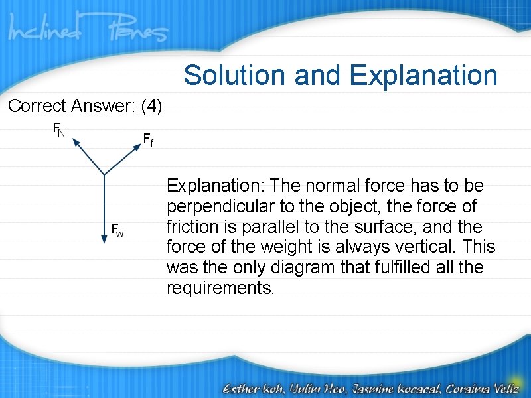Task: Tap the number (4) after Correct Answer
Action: tap(151, 106)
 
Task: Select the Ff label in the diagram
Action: tap(148, 139)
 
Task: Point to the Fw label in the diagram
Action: tap(117, 230)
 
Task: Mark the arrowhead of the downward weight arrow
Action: tap(104, 241)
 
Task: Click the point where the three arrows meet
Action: tap(104, 175)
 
